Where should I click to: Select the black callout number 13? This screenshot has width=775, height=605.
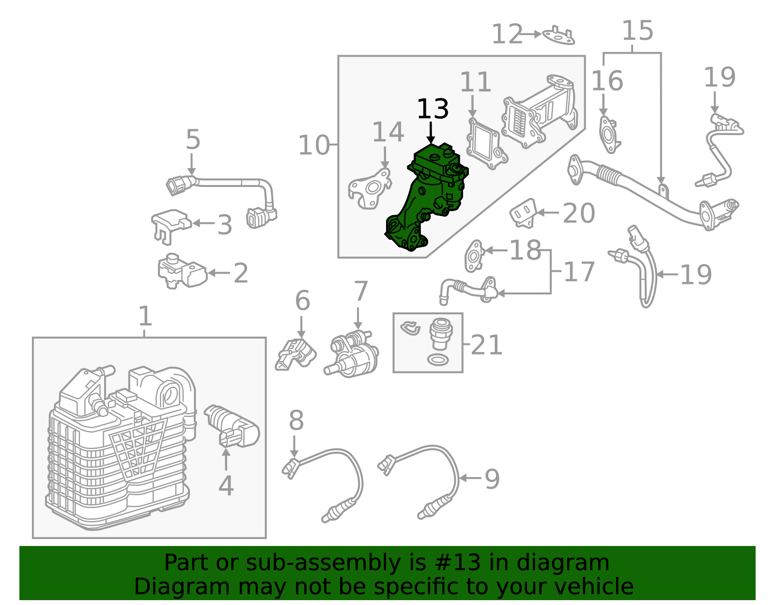433,109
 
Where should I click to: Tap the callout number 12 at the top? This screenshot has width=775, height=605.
507,35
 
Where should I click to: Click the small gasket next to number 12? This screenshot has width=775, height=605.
559,35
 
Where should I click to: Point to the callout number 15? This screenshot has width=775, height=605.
637,31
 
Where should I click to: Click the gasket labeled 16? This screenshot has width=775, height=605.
608,133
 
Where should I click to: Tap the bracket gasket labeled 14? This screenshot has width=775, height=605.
369,189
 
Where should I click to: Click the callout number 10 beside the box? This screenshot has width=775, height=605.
314,145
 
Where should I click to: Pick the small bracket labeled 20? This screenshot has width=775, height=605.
523,212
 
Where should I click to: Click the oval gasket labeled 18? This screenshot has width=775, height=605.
474,256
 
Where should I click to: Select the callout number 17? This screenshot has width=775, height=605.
579,272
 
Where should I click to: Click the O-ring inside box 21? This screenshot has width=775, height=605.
438,359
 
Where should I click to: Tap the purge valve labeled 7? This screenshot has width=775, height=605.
353,354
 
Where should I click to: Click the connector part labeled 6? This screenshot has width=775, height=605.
295,354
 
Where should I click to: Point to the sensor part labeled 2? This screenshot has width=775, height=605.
182,272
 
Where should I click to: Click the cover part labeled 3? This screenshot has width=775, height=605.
170,223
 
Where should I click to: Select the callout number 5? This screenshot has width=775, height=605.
193,140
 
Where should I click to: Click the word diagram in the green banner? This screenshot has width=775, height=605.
578,563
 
